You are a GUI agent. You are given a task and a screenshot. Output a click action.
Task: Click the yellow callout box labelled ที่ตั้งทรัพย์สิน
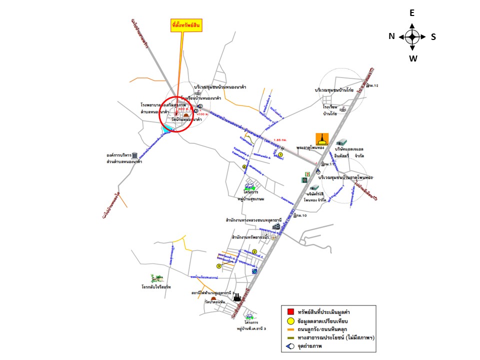pyautogui.click(x=186, y=26)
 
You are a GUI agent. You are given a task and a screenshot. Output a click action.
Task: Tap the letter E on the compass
pyautogui.click(x=412, y=13)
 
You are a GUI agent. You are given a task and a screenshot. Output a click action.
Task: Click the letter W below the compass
pyautogui.click(x=413, y=58)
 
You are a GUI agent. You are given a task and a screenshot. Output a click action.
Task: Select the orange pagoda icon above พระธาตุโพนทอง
pyautogui.click(x=322, y=139)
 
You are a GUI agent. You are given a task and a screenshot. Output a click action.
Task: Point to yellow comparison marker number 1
pyautogui.click(x=280, y=155)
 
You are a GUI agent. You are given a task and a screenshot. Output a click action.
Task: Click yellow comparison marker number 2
pyautogui.click(x=254, y=251)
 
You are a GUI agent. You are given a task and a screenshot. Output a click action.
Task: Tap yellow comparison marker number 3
pyautogui.click(x=218, y=266)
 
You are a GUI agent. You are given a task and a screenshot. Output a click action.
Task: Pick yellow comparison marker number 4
pyautogui.click(x=244, y=167)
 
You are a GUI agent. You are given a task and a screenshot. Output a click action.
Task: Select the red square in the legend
pyautogui.click(x=290, y=312)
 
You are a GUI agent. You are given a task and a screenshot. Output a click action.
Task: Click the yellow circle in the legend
pyautogui.click(x=290, y=320)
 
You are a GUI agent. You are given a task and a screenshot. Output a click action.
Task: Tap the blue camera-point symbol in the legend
pyautogui.click(x=289, y=346)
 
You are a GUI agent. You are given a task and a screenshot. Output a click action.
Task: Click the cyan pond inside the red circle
pyautogui.click(x=167, y=128)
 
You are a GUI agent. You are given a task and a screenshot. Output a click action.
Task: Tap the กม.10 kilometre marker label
pyautogui.click(x=300, y=215)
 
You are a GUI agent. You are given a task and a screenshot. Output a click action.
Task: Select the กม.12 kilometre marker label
pyautogui.click(x=372, y=86)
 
